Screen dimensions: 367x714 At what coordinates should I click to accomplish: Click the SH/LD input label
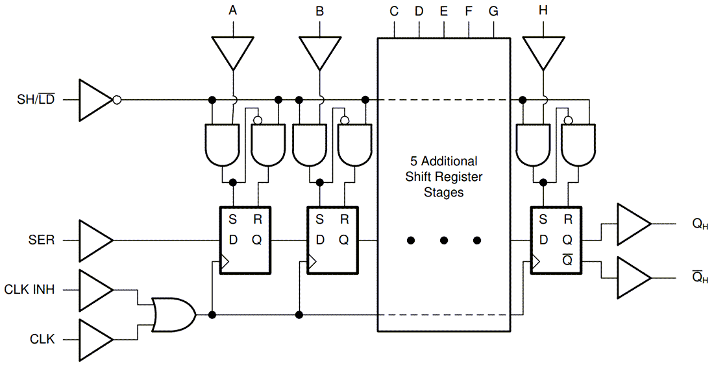(x=36, y=100)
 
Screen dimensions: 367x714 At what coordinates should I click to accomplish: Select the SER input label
(x=42, y=240)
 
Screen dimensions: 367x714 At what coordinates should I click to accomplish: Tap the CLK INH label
(x=29, y=289)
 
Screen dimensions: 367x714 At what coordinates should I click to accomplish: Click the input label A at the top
(x=233, y=10)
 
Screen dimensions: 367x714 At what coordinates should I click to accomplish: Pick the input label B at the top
(x=319, y=10)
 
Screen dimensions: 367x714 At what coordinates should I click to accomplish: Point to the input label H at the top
(x=544, y=10)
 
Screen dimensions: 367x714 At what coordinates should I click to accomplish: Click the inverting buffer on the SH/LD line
(x=97, y=100)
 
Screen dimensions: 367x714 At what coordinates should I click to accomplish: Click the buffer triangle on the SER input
(x=95, y=240)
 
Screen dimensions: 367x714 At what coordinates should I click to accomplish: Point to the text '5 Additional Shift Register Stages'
(x=444, y=176)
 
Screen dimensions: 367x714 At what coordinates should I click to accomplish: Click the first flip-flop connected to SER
(x=245, y=240)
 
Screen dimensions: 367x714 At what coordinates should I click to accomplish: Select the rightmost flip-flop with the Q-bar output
(x=556, y=240)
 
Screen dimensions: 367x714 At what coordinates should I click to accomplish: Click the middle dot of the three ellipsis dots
(x=444, y=241)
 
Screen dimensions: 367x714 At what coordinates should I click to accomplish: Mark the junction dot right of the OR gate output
(x=212, y=315)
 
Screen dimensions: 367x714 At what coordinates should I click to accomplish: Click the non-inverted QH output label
(x=700, y=225)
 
